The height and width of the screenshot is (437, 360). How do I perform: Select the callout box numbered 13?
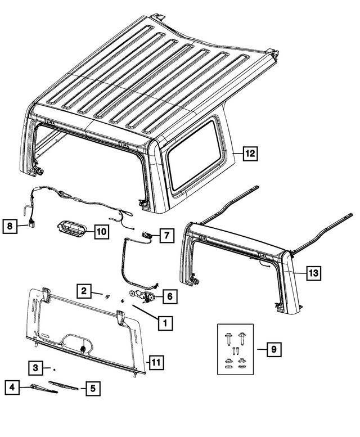coord(314,273)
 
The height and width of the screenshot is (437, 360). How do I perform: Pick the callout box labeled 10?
coord(101,231)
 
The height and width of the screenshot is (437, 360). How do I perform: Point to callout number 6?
coord(169,295)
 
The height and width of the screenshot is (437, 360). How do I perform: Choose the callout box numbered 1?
coord(165,323)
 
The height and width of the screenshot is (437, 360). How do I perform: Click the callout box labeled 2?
coord(83,291)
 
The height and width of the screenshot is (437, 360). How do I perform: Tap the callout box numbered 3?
coord(35,368)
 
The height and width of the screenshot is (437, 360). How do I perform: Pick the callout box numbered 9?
coord(273,350)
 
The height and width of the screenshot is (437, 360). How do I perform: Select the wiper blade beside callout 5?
coord(64,386)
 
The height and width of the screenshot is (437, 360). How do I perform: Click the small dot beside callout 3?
coord(54,370)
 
